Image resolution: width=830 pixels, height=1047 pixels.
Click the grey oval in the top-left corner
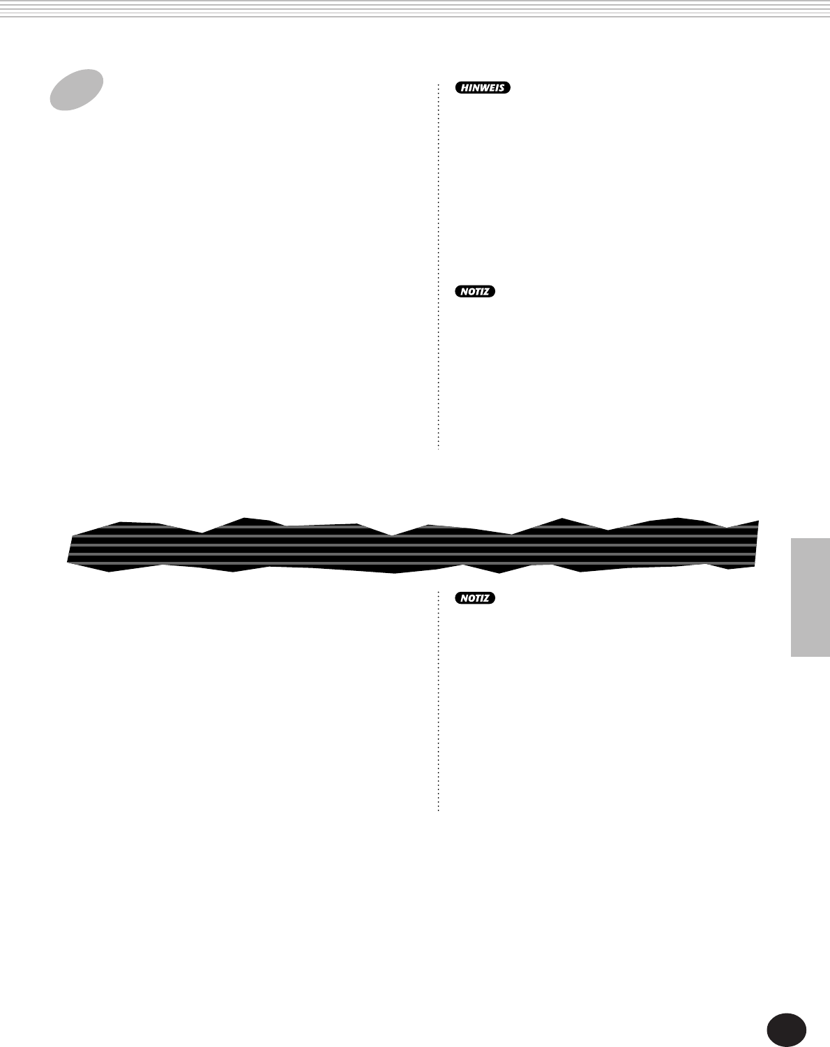click(x=76, y=90)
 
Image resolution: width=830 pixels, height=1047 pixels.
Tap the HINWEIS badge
click(x=483, y=87)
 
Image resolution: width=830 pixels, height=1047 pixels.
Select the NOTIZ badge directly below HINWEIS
click(x=474, y=292)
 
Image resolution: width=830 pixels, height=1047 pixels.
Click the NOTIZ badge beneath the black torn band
click(x=474, y=598)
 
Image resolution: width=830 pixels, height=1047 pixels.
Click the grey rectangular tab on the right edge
click(x=810, y=597)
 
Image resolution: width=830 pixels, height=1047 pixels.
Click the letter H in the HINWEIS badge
click(x=465, y=88)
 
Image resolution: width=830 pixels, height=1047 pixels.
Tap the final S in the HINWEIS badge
click(x=501, y=88)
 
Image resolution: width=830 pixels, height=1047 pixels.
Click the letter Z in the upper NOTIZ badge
click(x=485, y=292)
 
